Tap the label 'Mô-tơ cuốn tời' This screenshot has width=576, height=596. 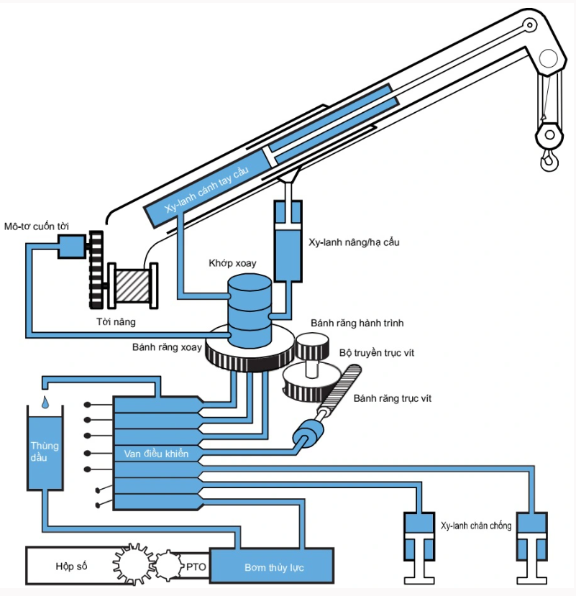pyautogui.click(x=37, y=226)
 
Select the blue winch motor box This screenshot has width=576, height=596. pyautogui.click(x=70, y=247)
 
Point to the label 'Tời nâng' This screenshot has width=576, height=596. pyautogui.click(x=116, y=321)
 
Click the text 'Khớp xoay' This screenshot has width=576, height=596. pyautogui.click(x=232, y=263)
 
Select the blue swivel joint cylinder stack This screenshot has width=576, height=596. pyautogui.click(x=250, y=313)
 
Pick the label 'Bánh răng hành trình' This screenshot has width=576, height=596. pyautogui.click(x=357, y=324)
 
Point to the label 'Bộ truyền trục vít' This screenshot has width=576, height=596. pyautogui.click(x=377, y=353)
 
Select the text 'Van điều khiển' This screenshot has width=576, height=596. pyautogui.click(x=156, y=454)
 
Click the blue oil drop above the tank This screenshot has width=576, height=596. pyautogui.click(x=45, y=400)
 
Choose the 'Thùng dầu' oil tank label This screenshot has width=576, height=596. pyautogui.click(x=44, y=451)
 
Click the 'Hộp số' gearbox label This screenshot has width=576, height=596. pyautogui.click(x=71, y=567)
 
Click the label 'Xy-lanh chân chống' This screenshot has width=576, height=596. pyautogui.click(x=475, y=526)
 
